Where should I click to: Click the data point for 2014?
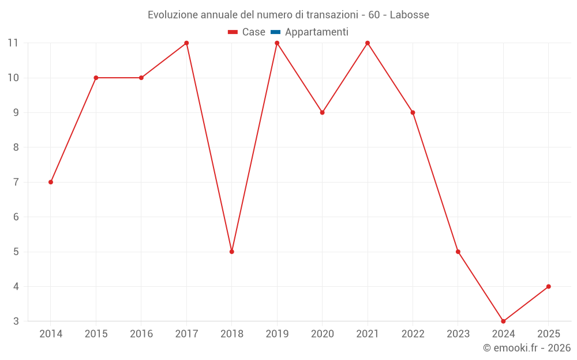tap(51, 182)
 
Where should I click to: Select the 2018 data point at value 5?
tap(232, 252)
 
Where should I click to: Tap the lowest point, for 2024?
tap(503, 321)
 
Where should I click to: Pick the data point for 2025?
tap(548, 286)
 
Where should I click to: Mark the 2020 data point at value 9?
tap(322, 112)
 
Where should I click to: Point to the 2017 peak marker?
tap(186, 43)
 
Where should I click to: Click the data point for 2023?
tap(458, 252)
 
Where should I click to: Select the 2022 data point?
tap(413, 112)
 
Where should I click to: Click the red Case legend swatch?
tap(233, 32)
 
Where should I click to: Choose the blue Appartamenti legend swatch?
tap(276, 32)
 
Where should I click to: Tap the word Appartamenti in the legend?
tap(317, 32)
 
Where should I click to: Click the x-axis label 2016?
tap(141, 334)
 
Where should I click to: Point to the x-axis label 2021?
tap(368, 334)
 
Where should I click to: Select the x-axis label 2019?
tap(277, 334)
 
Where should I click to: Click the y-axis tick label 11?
tap(13, 43)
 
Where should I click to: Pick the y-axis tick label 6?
tap(16, 217)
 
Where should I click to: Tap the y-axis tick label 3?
tap(16, 321)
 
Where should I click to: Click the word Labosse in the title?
tap(409, 15)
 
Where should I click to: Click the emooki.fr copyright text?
tap(527, 348)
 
